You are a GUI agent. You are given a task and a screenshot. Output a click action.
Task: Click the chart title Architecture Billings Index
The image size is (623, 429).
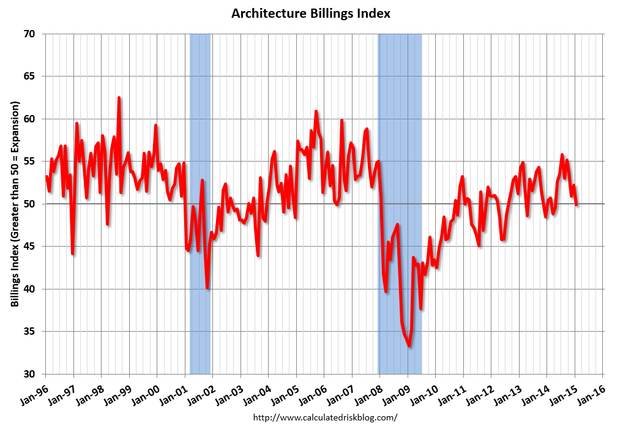[x=311, y=13]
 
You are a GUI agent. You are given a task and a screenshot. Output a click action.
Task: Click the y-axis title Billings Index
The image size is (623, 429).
[x=15, y=204]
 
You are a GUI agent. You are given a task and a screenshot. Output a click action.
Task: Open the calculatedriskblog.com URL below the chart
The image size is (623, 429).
[x=325, y=417]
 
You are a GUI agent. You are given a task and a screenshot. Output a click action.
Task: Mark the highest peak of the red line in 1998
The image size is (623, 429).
[x=119, y=98]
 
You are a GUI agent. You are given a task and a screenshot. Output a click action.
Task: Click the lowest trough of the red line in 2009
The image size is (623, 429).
[x=409, y=346]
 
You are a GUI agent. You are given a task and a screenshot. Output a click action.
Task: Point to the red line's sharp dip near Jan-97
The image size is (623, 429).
[x=73, y=253]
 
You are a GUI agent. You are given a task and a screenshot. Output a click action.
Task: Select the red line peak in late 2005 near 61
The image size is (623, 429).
[x=316, y=111]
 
